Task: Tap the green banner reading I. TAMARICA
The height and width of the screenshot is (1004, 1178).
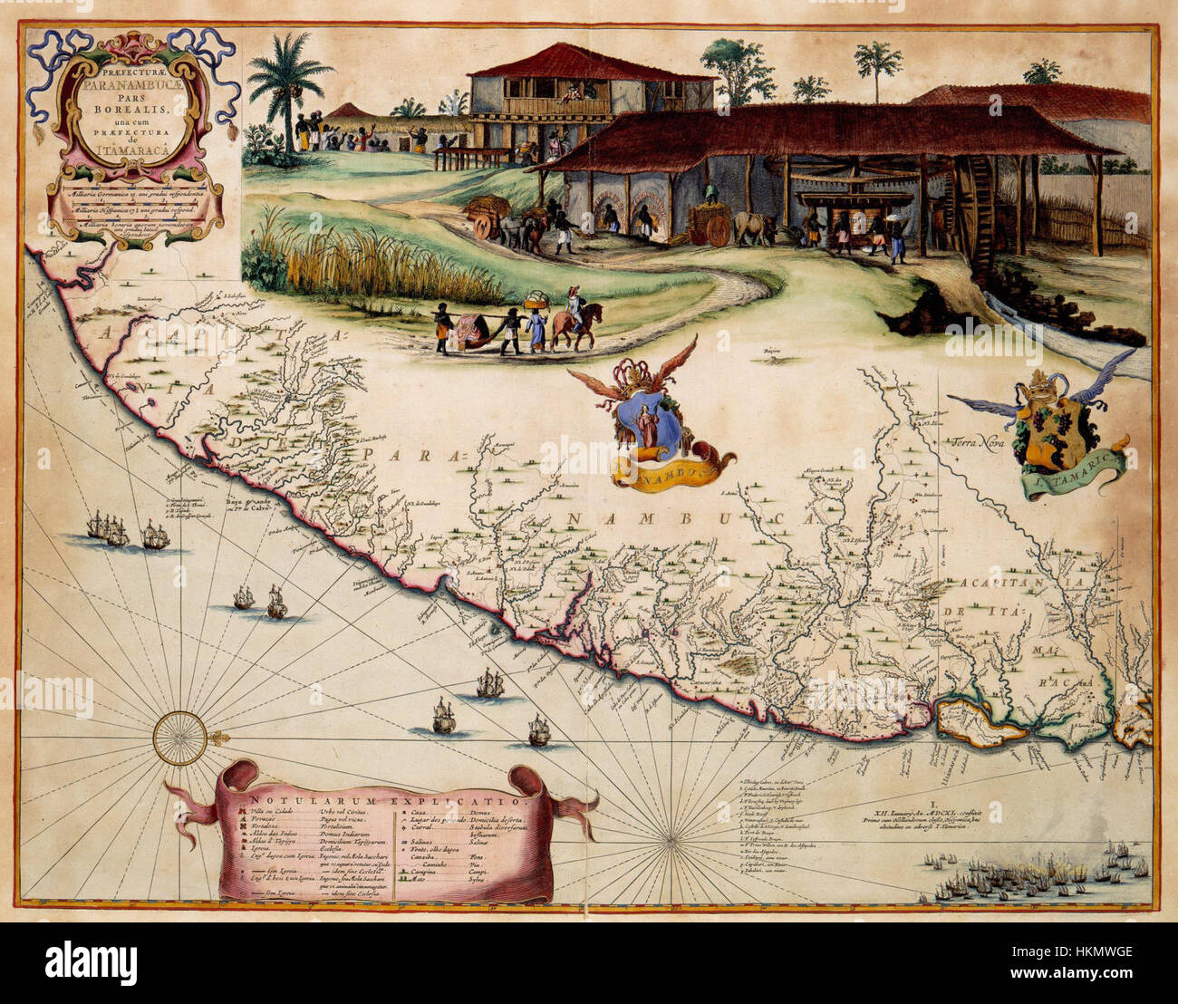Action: pyautogui.click(x=1078, y=478)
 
